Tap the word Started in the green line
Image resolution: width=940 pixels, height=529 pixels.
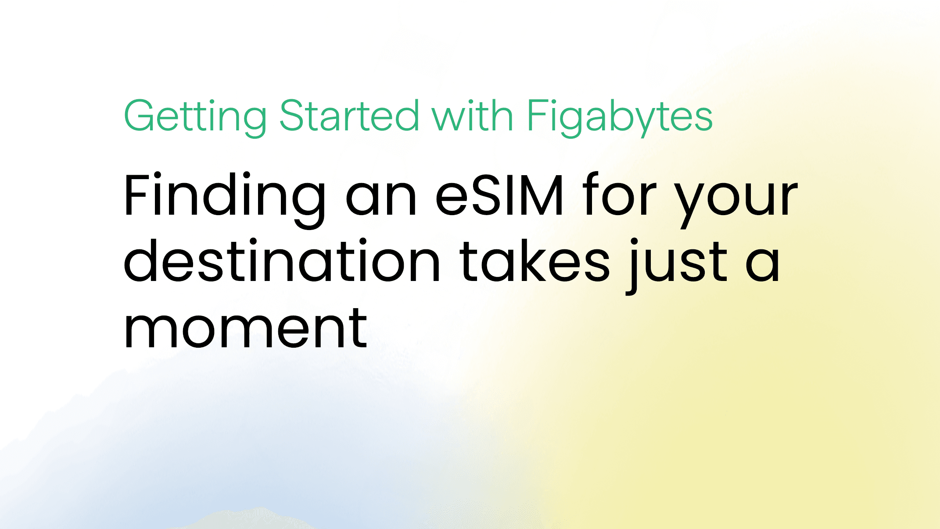[349, 115]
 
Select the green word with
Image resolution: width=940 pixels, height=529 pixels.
[473, 115]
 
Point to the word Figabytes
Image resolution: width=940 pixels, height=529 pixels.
[620, 117]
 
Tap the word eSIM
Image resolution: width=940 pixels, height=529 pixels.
[499, 195]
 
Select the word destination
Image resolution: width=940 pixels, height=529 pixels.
[282, 260]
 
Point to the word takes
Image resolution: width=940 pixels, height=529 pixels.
[535, 260]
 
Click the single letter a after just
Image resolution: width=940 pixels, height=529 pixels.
[763, 266]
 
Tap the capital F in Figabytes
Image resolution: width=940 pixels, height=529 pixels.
[537, 115]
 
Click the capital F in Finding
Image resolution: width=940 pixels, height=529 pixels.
[138, 195]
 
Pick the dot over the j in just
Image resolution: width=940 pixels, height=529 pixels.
[634, 242]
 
